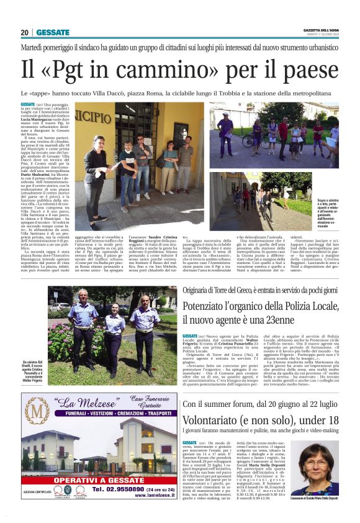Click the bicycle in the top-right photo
(248, 140)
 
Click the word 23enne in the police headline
(294, 321)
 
